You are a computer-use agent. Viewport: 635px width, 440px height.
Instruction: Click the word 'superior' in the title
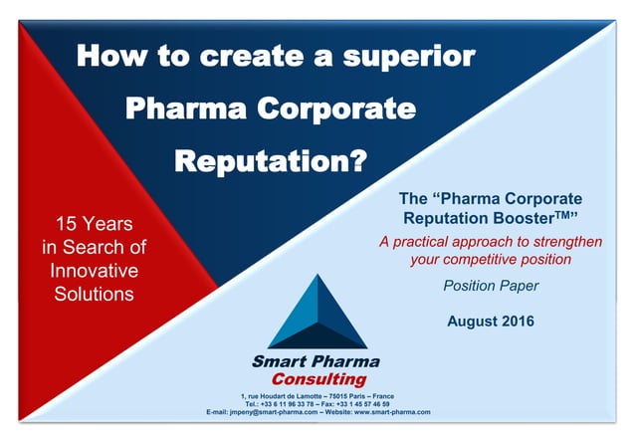[x=410, y=55]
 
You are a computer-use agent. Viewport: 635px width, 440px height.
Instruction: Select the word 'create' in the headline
[x=245, y=55]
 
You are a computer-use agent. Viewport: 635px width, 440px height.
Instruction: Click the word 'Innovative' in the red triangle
[x=96, y=270]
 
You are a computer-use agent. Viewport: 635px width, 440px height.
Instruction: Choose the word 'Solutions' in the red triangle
[x=96, y=294]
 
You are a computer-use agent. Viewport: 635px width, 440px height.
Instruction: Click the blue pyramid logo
[x=316, y=311]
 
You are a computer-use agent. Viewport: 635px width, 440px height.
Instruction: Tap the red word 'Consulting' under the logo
[x=317, y=379]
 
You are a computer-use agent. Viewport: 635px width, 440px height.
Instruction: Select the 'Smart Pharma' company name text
[x=316, y=361]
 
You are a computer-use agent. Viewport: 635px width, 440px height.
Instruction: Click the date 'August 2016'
[x=490, y=321]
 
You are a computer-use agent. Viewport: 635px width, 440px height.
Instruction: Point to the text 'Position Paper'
[x=490, y=286]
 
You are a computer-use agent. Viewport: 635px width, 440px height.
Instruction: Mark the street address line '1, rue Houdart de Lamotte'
[x=284, y=397]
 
